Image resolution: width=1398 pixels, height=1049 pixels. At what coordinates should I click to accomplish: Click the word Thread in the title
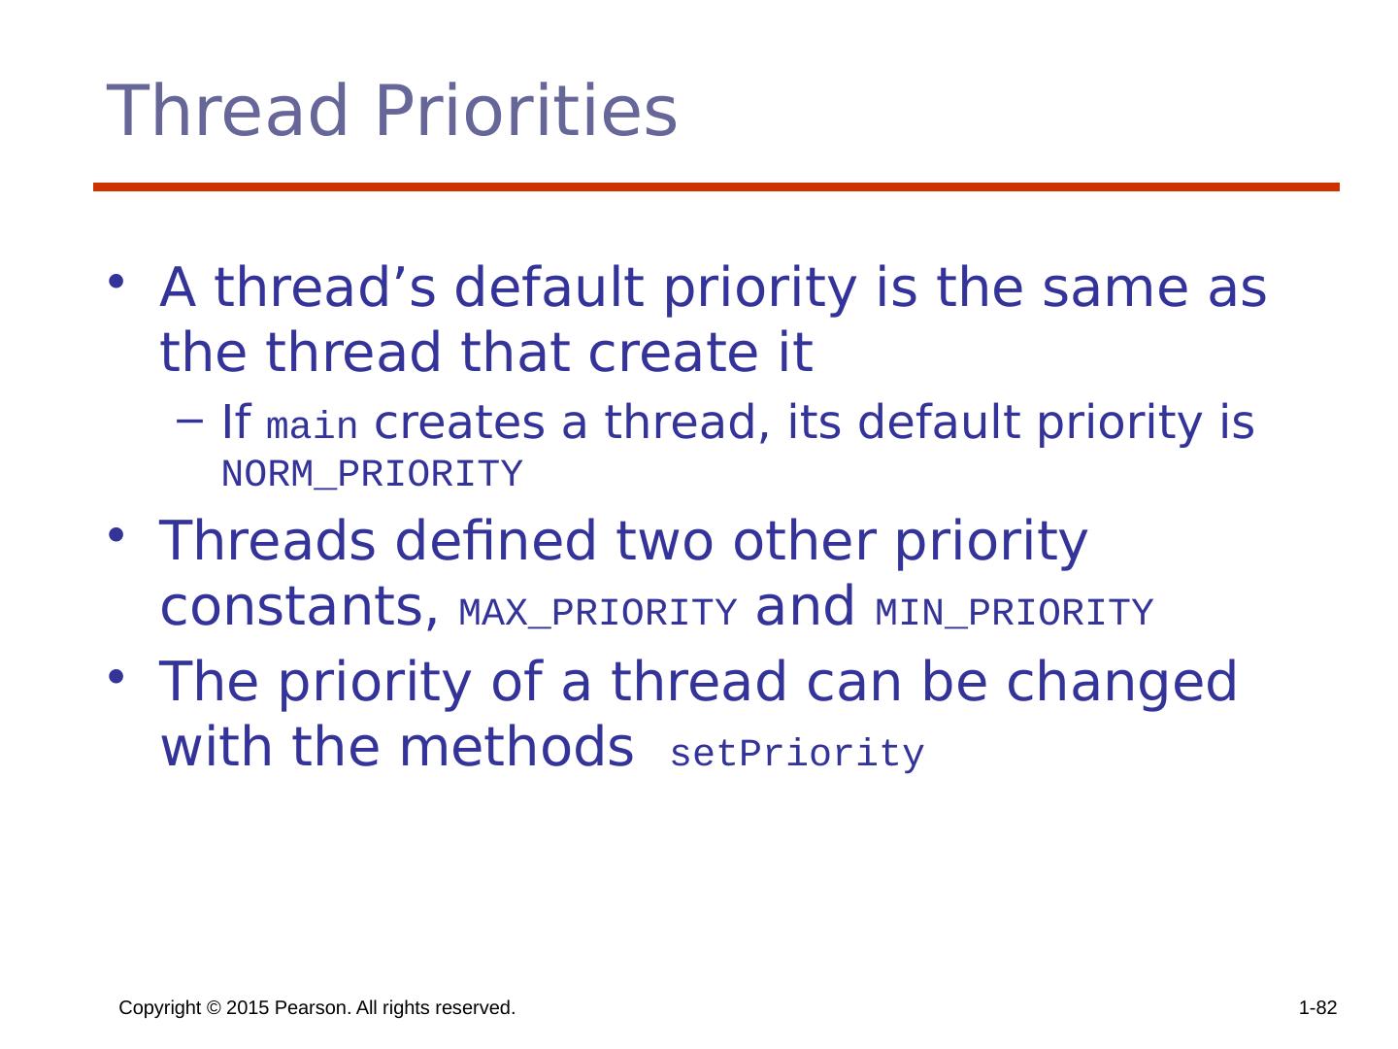[x=227, y=111]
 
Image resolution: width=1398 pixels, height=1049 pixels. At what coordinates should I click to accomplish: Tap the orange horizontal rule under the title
[x=716, y=186]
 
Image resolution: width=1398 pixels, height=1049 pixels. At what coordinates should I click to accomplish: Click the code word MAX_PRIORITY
[x=597, y=612]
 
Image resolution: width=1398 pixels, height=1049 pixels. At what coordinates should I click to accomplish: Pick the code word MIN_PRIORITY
[x=1014, y=612]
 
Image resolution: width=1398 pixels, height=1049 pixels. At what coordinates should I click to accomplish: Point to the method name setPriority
[x=797, y=754]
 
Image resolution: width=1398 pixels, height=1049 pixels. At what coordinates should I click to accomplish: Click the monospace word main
[x=312, y=425]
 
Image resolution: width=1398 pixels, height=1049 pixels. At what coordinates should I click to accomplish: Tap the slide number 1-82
[x=1317, y=1007]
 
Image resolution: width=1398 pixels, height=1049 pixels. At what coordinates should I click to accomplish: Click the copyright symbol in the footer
[x=214, y=1008]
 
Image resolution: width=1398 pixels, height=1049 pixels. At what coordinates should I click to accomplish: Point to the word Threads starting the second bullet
[x=268, y=540]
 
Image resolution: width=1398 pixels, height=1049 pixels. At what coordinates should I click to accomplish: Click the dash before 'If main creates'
[x=189, y=421]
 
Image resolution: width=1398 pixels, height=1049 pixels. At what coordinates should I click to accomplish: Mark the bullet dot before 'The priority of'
[x=116, y=676]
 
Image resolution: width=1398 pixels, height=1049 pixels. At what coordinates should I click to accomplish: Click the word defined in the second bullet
[x=495, y=540]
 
